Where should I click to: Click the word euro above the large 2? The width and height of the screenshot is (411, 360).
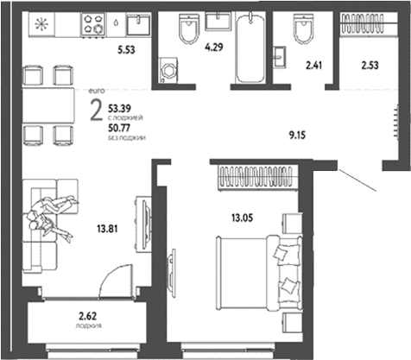95,90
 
